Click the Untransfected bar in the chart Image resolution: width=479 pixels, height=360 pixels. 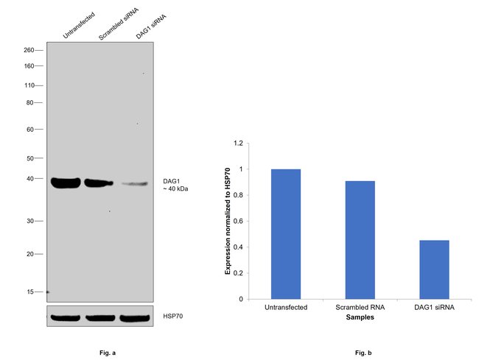(286, 234)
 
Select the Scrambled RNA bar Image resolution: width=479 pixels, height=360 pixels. (360, 240)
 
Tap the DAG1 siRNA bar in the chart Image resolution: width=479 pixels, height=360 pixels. (434, 269)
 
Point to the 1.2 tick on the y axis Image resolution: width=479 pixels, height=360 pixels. (238, 143)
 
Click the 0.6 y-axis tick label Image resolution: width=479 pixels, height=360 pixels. (238, 221)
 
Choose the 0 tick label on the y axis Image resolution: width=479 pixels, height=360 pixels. (240, 299)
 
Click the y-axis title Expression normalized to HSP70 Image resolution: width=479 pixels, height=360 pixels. (228, 221)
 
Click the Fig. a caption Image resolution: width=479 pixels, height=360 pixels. (108, 353)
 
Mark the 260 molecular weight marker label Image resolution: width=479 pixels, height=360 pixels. (29, 50)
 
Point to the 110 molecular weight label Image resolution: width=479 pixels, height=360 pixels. (29, 85)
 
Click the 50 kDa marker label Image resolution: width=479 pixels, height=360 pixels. (31, 158)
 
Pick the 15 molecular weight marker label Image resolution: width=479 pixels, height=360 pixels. (31, 292)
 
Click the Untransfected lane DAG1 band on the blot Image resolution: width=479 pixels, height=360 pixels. (66, 183)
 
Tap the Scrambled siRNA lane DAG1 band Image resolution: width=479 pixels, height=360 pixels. (99, 183)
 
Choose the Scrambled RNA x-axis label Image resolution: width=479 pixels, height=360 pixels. (360, 307)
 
